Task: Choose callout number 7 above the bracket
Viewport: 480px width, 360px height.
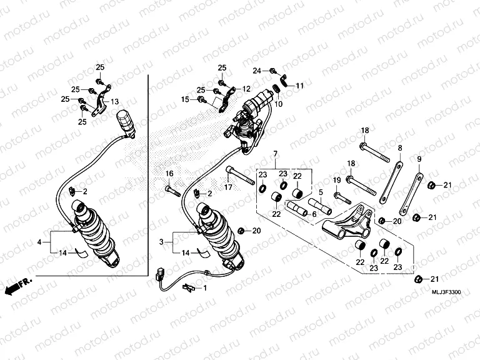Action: coord(273,153)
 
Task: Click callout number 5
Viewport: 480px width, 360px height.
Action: coord(321,192)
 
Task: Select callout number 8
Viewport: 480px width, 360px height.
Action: coord(399,148)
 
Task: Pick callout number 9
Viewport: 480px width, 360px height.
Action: coord(419,159)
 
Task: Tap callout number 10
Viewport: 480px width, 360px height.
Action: coord(279,104)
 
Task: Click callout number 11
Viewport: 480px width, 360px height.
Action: coord(299,85)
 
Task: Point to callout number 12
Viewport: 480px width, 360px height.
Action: coord(246,89)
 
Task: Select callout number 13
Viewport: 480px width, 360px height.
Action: coord(114,101)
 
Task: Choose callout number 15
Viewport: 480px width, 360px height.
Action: coord(185,99)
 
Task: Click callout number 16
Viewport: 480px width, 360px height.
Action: coord(169,173)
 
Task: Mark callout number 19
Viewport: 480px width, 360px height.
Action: coord(336,181)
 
